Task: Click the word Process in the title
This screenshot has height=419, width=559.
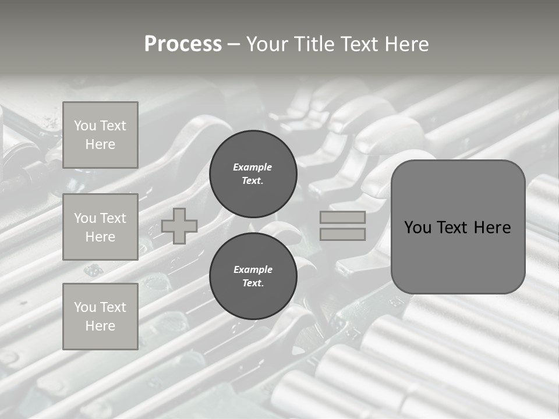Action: coord(183,44)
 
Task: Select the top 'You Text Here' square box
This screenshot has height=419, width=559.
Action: coord(100,135)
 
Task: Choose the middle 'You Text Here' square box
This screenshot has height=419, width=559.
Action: coord(100,227)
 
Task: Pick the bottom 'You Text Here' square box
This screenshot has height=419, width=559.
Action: coord(100,317)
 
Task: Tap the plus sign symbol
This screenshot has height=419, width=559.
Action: coord(179,226)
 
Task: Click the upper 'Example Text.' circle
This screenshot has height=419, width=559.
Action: coord(253,174)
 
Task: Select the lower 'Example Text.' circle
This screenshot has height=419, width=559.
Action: coord(253,276)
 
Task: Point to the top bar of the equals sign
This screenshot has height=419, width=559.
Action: coord(342,217)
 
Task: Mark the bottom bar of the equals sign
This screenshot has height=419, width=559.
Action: coord(342,234)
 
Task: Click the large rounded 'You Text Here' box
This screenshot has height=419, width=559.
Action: coord(458,227)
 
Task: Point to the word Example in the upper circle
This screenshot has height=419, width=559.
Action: coord(253,167)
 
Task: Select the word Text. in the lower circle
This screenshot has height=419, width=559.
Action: coord(253,283)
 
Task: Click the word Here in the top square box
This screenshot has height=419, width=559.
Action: coord(100,144)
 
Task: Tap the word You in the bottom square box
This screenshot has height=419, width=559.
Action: coord(85,307)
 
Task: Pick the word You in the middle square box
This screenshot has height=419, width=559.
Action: coord(85,218)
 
